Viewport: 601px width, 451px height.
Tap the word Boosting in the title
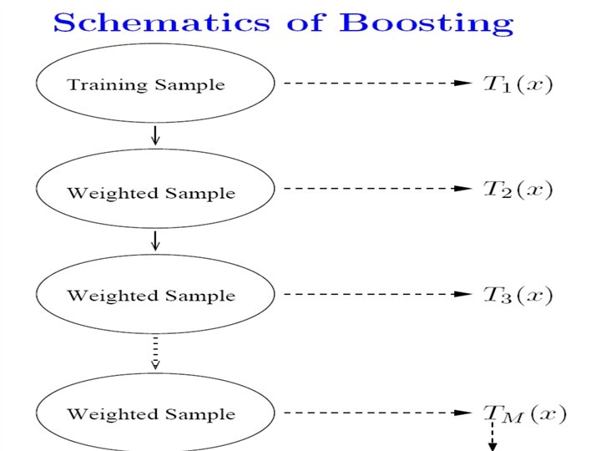click(427, 22)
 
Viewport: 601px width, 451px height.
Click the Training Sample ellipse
click(155, 84)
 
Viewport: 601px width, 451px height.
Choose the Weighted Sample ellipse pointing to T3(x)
click(155, 294)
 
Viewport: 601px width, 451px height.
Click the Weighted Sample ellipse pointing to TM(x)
click(155, 413)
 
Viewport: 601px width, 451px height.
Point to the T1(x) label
click(518, 84)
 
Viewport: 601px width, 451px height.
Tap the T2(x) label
click(518, 190)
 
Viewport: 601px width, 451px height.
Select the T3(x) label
click(518, 294)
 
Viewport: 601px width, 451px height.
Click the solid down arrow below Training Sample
click(155, 134)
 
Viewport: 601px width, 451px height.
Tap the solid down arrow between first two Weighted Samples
click(155, 241)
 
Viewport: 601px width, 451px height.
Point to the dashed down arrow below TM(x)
click(492, 436)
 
